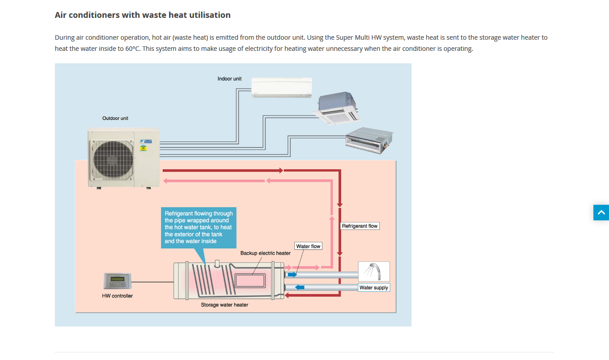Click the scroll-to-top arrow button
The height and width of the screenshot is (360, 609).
[x=601, y=213]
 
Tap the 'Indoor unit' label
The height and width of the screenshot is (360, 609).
[x=230, y=79]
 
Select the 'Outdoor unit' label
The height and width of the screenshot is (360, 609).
[x=115, y=118]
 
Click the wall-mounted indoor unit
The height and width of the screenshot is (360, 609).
[x=282, y=87]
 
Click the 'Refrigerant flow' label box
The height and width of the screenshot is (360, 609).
[x=359, y=226]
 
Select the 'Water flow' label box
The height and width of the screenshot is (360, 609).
[x=308, y=246]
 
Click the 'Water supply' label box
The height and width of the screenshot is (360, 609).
[x=374, y=288]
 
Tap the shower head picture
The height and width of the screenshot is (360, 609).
[x=374, y=271]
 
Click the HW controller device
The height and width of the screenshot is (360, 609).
[x=118, y=281]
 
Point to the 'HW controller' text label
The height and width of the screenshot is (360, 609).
[x=117, y=296]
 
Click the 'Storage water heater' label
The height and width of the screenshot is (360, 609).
[x=224, y=305]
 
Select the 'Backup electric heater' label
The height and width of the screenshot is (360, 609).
[x=265, y=253]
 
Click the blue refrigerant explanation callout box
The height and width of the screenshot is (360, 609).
[x=198, y=227]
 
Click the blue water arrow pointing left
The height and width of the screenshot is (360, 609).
[x=300, y=287]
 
